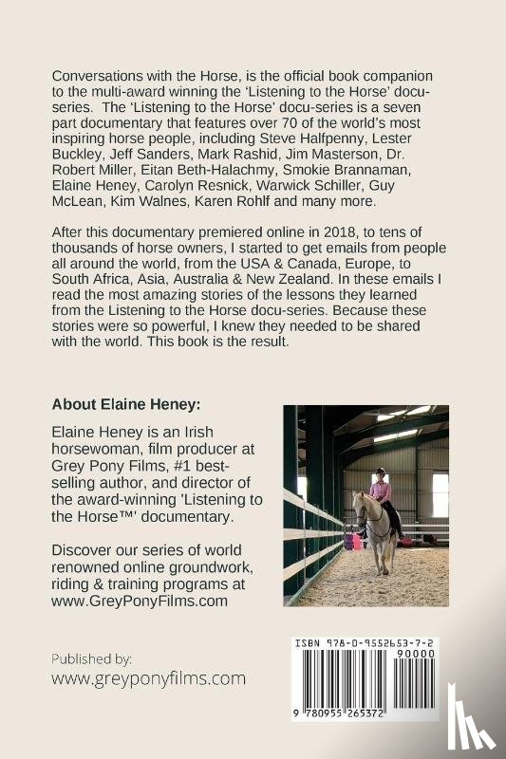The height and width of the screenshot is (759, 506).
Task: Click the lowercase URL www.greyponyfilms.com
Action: point(149,678)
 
